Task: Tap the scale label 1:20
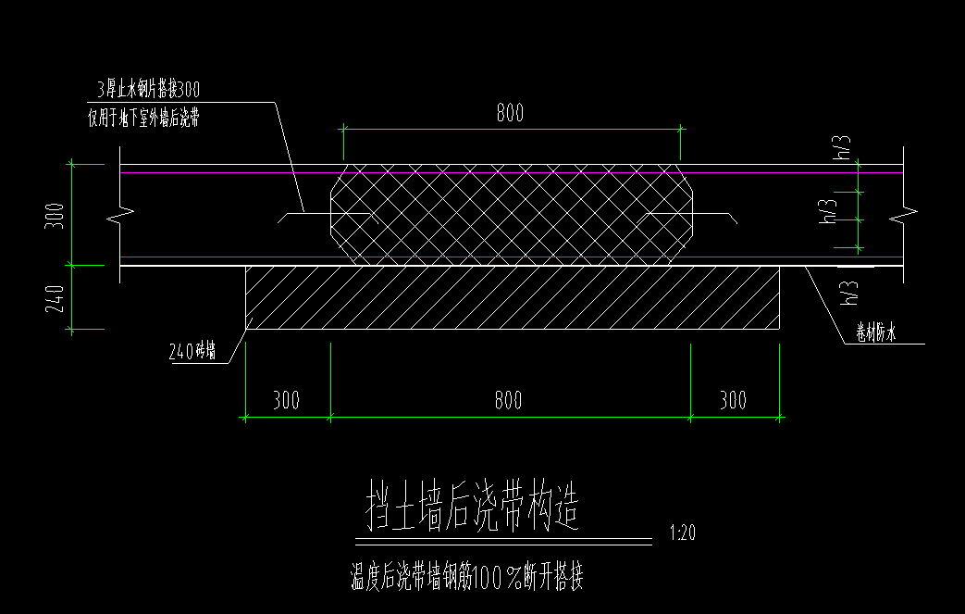(x=681, y=533)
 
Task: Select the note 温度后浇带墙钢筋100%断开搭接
(x=466, y=579)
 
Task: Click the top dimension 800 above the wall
(x=510, y=113)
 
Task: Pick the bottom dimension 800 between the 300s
(x=508, y=400)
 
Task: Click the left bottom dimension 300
(x=287, y=400)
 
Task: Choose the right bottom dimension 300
(x=733, y=400)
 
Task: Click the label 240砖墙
(x=199, y=351)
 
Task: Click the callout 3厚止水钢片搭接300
(x=149, y=90)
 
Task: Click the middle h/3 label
(x=830, y=214)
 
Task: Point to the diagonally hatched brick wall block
(x=512, y=297)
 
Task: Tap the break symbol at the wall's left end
(x=121, y=219)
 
